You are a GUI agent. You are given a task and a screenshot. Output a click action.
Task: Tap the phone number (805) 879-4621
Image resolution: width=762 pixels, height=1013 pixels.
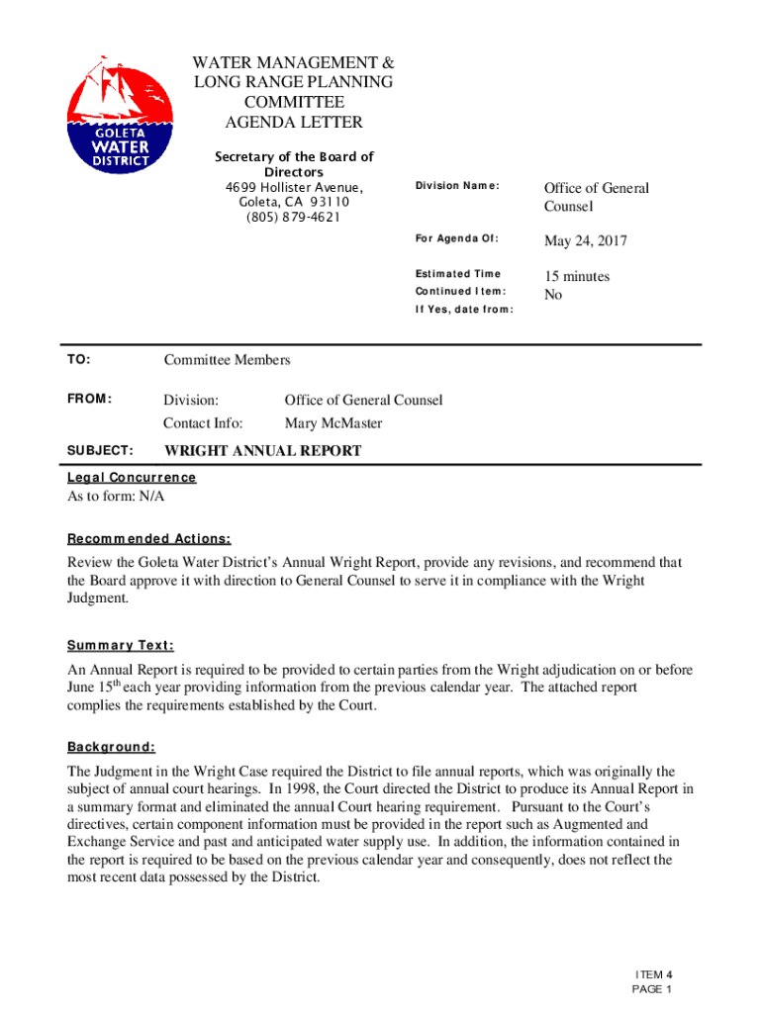click(x=294, y=218)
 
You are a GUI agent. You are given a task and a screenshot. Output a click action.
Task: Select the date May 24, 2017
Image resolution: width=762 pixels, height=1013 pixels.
click(x=585, y=241)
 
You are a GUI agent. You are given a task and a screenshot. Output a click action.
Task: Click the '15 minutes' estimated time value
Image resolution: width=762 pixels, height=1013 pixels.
click(x=577, y=277)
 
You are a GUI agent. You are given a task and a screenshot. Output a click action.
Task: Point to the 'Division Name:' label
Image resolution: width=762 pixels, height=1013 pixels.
click(x=457, y=186)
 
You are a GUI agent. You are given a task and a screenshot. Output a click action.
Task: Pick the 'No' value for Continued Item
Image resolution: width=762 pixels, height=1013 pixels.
click(x=553, y=295)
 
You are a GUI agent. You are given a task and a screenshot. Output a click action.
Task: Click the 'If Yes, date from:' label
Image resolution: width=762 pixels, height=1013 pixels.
click(x=463, y=310)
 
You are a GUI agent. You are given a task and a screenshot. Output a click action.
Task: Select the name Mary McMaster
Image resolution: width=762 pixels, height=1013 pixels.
click(x=333, y=423)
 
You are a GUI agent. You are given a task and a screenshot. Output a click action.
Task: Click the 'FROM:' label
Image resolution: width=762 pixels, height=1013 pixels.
click(x=89, y=400)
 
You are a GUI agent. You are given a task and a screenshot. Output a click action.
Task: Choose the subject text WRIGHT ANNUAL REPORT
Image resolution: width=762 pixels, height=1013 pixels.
click(x=262, y=451)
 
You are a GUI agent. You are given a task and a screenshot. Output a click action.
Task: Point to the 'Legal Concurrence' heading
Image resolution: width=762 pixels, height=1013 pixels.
click(x=132, y=478)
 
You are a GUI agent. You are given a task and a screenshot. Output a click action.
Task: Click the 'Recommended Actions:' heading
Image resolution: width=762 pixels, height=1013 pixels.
click(x=148, y=539)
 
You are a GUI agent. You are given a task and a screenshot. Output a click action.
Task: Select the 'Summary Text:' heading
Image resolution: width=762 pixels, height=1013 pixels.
click(x=121, y=646)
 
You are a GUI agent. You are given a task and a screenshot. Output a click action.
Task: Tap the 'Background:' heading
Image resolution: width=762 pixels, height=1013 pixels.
click(x=111, y=747)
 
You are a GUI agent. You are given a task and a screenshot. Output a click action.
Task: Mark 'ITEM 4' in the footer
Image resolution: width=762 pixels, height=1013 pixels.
click(x=653, y=974)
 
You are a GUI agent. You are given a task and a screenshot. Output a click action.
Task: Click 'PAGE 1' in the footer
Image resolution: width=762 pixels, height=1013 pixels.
click(x=653, y=989)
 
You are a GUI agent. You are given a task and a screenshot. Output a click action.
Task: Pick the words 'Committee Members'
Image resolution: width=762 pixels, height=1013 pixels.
click(x=227, y=360)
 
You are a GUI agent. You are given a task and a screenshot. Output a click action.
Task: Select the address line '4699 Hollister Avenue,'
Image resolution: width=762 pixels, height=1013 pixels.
click(x=294, y=188)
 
